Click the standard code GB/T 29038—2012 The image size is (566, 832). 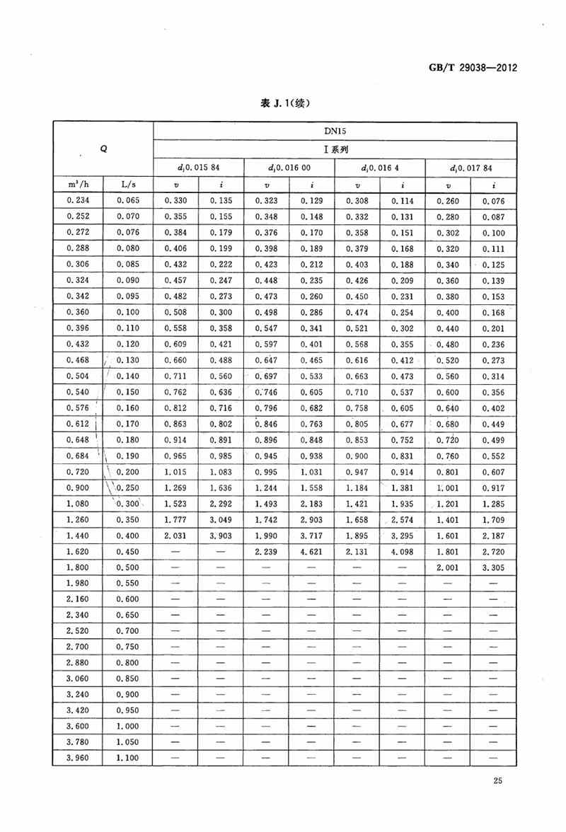coord(475,69)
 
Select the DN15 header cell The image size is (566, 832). coord(333,131)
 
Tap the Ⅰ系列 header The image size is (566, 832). coord(333,149)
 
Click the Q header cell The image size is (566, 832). coord(104,149)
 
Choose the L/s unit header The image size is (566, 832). coord(129,185)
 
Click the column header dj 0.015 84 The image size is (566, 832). coord(198,168)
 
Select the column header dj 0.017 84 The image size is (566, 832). coord(470,168)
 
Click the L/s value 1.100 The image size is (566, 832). coord(129,758)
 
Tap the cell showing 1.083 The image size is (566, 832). coord(221,472)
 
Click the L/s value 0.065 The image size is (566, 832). coord(129,201)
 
